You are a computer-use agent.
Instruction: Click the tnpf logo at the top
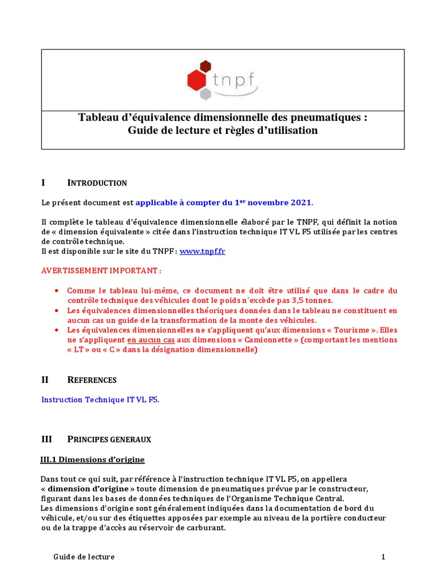(x=223, y=79)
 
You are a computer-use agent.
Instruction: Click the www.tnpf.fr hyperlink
(x=202, y=251)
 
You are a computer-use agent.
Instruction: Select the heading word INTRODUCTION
(x=97, y=183)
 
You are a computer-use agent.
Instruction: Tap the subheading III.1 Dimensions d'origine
(x=92, y=459)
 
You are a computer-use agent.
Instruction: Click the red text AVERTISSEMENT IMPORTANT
(x=101, y=271)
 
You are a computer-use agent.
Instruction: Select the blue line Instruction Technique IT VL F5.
(x=100, y=399)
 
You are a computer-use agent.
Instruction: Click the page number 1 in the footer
(x=383, y=557)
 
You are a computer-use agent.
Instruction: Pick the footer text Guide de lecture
(x=84, y=557)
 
